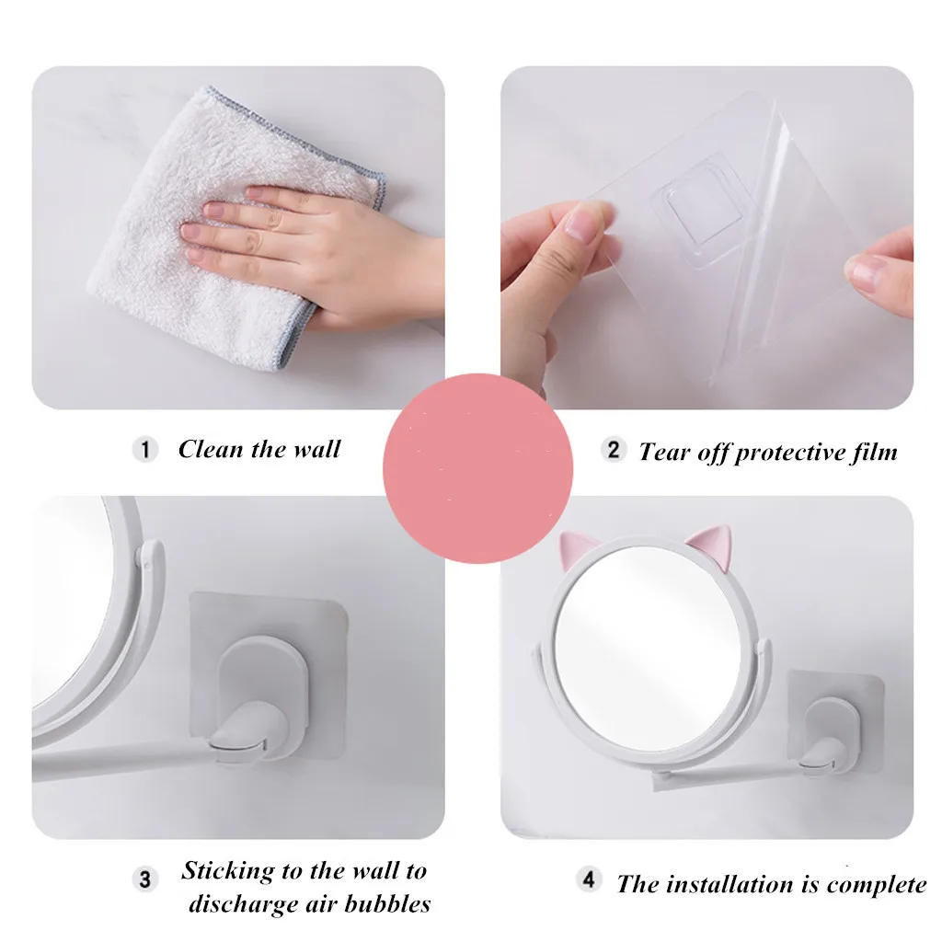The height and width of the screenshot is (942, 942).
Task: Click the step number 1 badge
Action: point(144,449)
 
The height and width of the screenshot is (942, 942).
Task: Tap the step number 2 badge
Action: point(614,449)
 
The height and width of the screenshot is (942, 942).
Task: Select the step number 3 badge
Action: point(144,879)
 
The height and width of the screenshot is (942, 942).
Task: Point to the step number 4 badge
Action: point(589,879)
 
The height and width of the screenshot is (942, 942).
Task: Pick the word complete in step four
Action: point(877,885)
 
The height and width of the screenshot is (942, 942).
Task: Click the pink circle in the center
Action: point(477,468)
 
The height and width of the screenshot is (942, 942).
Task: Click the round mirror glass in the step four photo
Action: point(648,647)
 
